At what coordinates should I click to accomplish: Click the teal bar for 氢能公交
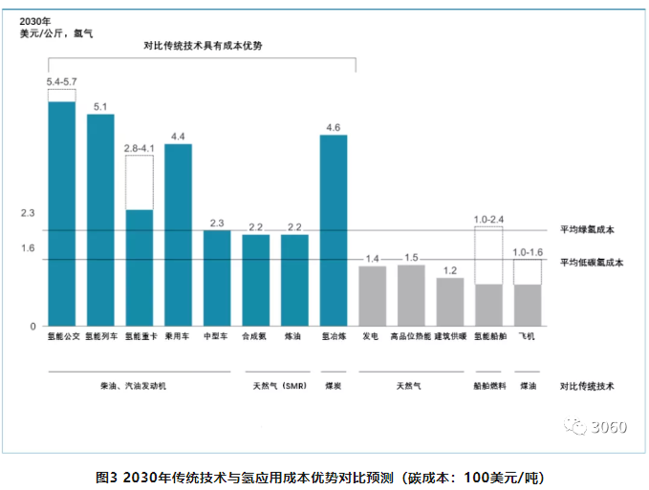[x=62, y=213]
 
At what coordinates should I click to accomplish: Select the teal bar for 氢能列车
[x=100, y=220]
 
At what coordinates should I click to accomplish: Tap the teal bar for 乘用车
[x=178, y=234]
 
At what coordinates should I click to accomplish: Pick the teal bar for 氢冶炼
[x=333, y=229]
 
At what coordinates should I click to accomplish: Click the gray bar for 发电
[x=373, y=295]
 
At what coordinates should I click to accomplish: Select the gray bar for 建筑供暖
[x=450, y=301]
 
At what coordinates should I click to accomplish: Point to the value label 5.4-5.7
[x=62, y=82]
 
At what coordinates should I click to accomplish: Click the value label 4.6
[x=333, y=127]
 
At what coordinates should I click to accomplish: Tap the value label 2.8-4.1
[x=140, y=148]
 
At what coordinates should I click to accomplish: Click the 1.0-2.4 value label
[x=488, y=220]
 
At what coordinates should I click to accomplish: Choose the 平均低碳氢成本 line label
[x=592, y=261]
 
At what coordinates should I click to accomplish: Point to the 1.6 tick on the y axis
[x=28, y=248]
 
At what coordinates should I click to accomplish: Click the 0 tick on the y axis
[x=32, y=326]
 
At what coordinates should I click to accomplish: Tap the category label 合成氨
[x=255, y=336]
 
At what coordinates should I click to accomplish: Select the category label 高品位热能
[x=411, y=336]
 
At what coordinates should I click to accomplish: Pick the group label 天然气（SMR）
[x=277, y=386]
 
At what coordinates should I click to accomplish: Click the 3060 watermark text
[x=609, y=427]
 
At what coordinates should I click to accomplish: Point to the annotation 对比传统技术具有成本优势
[x=203, y=46]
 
